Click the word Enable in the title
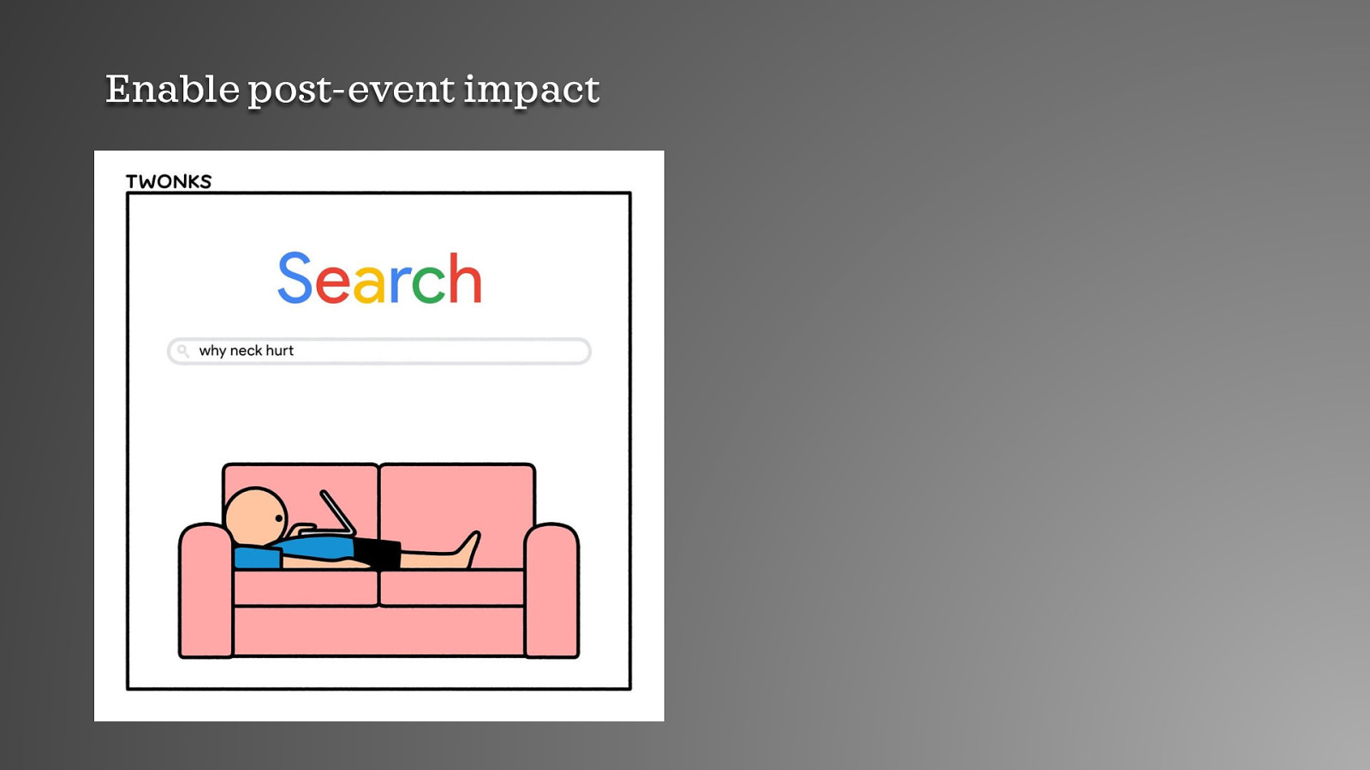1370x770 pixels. tap(172, 89)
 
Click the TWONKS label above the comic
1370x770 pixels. tap(169, 181)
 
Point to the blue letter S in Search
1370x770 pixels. tap(295, 279)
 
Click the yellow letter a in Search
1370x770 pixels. tap(369, 285)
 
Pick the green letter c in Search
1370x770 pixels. tap(428, 285)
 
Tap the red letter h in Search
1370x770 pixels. tap(465, 279)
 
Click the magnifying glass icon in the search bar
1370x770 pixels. tap(182, 351)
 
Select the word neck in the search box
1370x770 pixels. tap(246, 351)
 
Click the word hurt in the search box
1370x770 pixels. tap(280, 351)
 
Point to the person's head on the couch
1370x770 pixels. tap(254, 515)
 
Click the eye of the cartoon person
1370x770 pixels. tap(279, 518)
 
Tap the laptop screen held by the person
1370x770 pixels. tap(337, 512)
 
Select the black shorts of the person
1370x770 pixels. tap(378, 553)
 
